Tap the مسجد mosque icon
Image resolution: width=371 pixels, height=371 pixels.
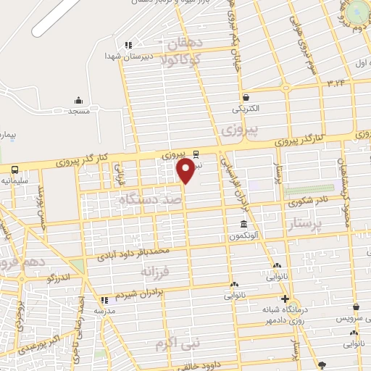click(x=78, y=100)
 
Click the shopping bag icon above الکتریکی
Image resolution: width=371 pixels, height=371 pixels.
click(x=246, y=98)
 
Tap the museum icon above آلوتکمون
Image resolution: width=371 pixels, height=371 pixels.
click(x=243, y=225)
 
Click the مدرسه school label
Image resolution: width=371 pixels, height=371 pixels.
click(x=104, y=310)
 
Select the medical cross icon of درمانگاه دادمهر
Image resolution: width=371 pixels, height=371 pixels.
click(x=284, y=299)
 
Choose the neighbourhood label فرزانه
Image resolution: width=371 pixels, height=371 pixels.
click(x=157, y=271)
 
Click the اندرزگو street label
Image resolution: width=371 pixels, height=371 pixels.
click(x=59, y=277)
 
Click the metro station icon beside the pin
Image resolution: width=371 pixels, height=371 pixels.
click(x=196, y=154)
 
